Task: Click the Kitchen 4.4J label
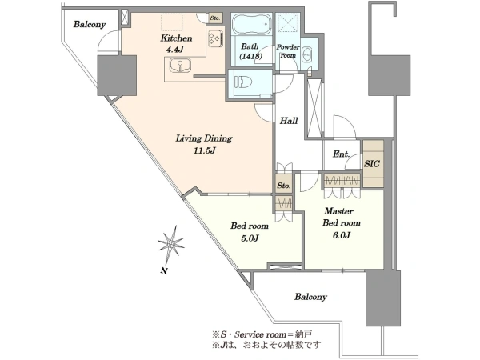[x=176, y=43]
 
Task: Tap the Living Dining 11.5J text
[x=204, y=144]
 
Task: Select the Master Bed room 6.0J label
[x=341, y=222]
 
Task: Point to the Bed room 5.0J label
[x=250, y=232]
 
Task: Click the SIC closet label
[x=372, y=164]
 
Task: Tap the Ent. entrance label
[x=341, y=154]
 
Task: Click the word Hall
[x=289, y=121]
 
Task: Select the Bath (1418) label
[x=250, y=51]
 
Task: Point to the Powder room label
[x=288, y=51]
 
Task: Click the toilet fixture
[x=242, y=82]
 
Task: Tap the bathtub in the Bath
[x=251, y=24]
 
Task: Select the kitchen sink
[x=180, y=66]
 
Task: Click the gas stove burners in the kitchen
[x=215, y=38]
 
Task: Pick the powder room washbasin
[x=306, y=55]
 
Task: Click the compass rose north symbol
[x=171, y=244]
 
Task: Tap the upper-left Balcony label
[x=90, y=25]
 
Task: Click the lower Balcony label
[x=310, y=297]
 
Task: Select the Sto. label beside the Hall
[x=284, y=186]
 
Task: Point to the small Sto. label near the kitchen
[x=215, y=18]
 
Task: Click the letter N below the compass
[x=164, y=270]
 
